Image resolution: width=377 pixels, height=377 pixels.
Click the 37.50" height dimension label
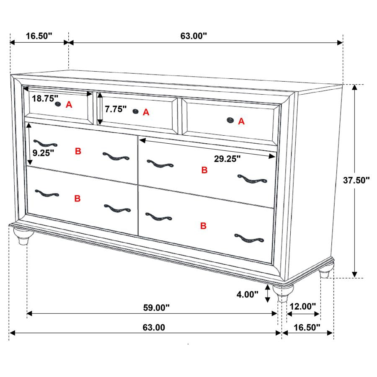pos(356,181)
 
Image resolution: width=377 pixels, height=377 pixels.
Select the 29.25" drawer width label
pos(227,159)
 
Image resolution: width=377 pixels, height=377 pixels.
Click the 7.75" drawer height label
pos(116,109)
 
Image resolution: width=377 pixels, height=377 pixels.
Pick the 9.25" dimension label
pos(44,153)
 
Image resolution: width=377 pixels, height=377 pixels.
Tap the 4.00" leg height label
pos(247,294)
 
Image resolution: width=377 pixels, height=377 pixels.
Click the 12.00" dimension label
pos(302,307)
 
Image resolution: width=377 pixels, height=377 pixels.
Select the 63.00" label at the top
pos(194,36)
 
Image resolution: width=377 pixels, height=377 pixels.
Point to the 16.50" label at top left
pos(39,36)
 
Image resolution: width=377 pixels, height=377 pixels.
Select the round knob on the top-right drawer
pos(230,121)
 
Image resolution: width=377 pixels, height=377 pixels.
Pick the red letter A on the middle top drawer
pos(146,112)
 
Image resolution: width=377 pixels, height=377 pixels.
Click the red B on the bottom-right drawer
pos(203,226)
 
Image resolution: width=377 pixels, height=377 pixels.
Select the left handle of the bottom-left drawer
pos(47,194)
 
